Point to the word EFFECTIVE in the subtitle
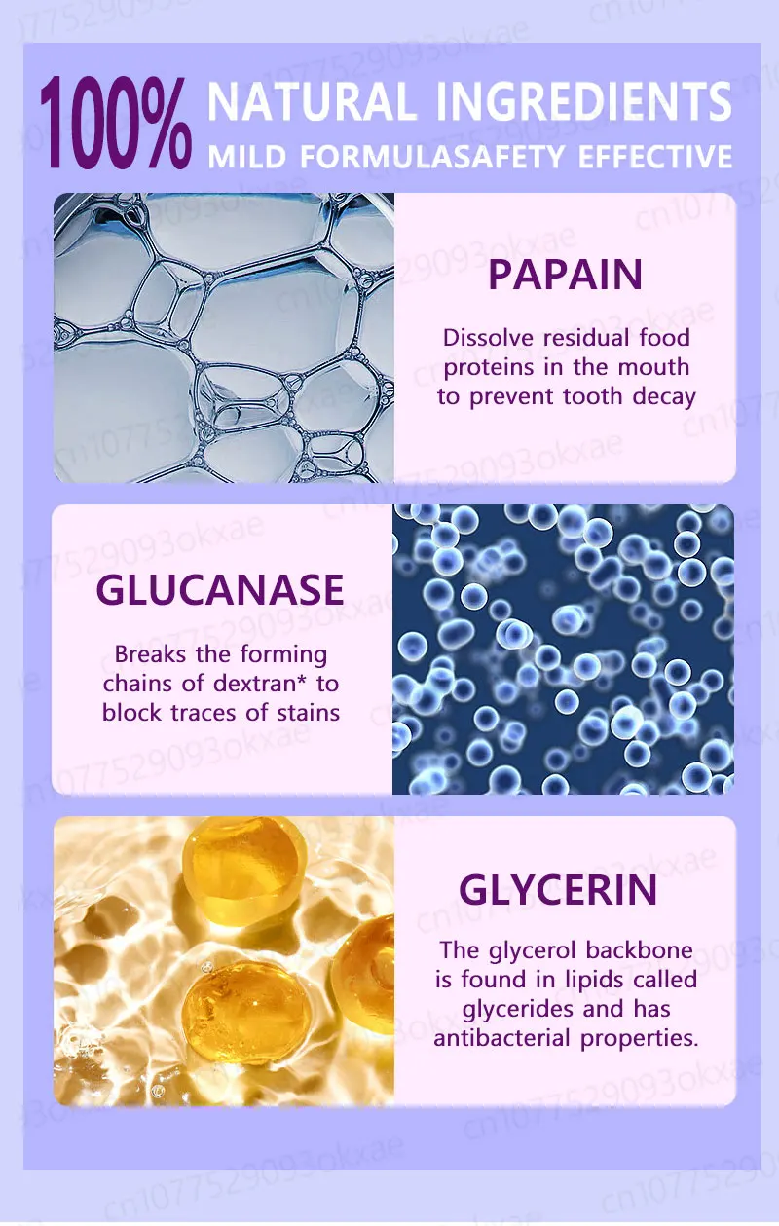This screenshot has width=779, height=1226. (x=655, y=157)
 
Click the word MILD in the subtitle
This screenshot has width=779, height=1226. (x=247, y=157)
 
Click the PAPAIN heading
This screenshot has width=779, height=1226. (x=565, y=275)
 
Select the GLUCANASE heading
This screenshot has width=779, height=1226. (x=220, y=589)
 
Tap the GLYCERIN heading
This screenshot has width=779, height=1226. (x=558, y=890)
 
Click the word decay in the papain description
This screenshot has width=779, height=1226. (x=664, y=397)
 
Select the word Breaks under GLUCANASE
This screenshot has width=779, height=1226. (x=150, y=654)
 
